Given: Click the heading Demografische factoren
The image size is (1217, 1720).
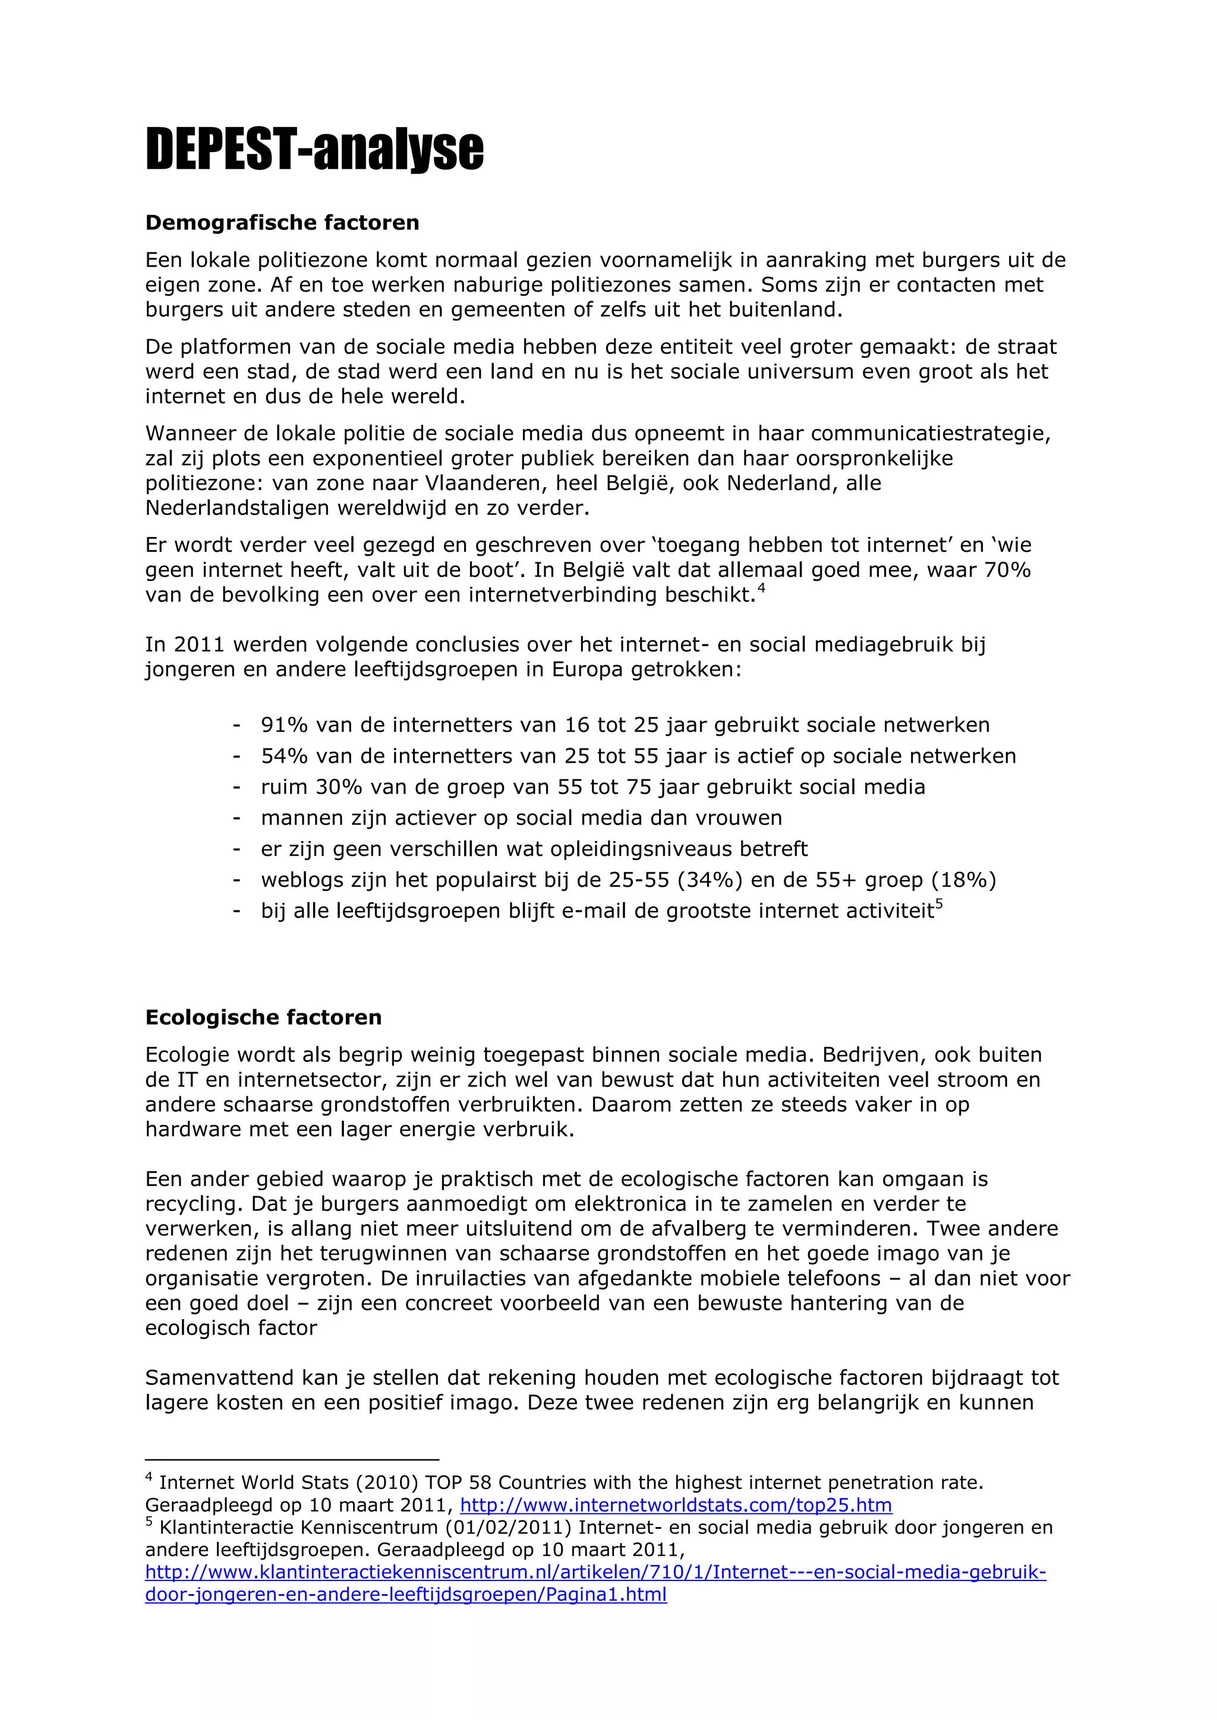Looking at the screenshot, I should coord(282,223).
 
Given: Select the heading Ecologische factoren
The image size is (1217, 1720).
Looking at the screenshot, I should coord(263,1017).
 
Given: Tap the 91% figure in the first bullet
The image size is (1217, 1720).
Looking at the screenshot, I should coord(284,725).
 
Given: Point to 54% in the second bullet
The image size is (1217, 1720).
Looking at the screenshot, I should coord(284,756).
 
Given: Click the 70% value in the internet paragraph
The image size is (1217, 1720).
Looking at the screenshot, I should coord(1008,570).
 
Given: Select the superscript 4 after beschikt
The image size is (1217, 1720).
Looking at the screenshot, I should coord(761,589).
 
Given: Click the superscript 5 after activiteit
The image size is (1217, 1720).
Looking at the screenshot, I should coord(939,905).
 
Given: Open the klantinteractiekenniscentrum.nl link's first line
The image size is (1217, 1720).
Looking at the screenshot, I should coord(595,1572).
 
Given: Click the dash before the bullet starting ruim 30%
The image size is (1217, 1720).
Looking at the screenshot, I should coord(237,788).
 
